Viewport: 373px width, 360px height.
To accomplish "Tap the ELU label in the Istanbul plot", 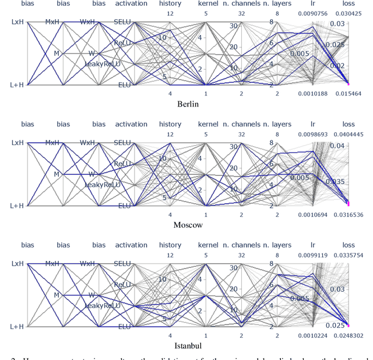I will point(123,326).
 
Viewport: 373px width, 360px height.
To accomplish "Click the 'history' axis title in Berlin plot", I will point(170,3).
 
